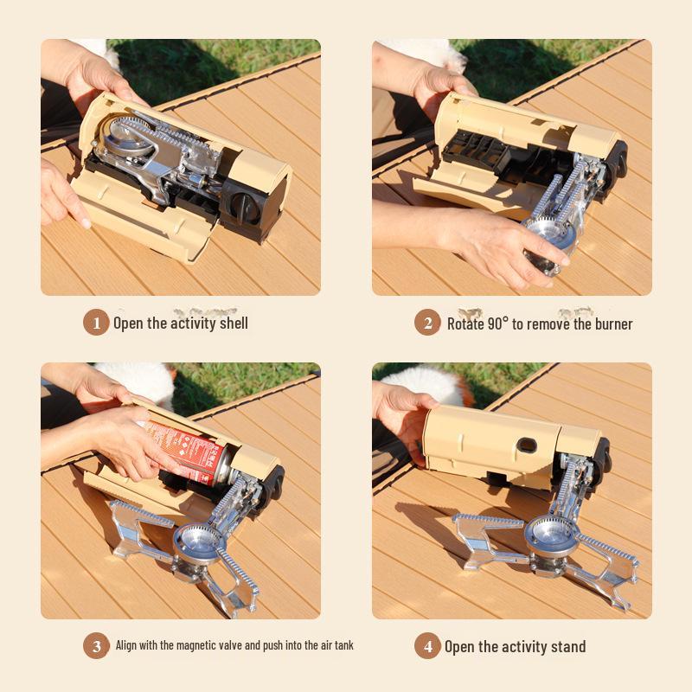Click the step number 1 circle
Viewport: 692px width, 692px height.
[96, 323]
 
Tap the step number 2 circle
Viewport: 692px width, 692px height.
[427, 323]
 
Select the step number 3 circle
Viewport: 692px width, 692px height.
[96, 645]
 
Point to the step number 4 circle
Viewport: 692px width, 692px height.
[427, 646]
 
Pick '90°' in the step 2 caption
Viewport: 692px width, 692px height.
[497, 324]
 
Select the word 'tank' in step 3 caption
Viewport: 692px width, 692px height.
[343, 645]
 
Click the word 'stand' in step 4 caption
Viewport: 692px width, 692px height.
[567, 647]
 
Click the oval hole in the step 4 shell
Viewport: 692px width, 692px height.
[523, 446]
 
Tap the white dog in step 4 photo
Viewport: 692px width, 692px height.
[424, 381]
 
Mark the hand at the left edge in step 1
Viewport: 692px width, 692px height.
[61, 195]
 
